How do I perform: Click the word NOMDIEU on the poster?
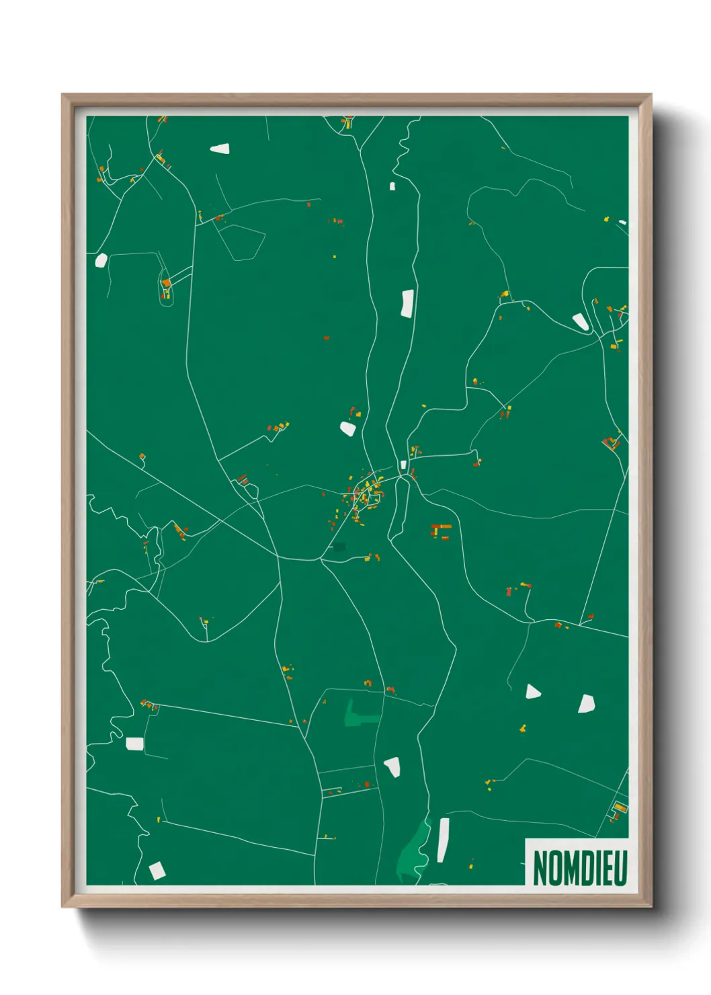[580, 868]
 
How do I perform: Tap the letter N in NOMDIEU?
[540, 868]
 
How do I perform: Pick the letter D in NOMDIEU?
[589, 868]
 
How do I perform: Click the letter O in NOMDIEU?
[554, 868]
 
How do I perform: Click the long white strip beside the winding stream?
[442, 840]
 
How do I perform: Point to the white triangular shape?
[532, 691]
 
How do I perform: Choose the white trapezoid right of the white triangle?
[587, 703]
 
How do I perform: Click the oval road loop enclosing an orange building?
[166, 287]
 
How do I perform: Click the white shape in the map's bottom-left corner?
[157, 871]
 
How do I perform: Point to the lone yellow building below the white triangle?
[523, 727]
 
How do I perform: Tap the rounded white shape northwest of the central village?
[347, 428]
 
